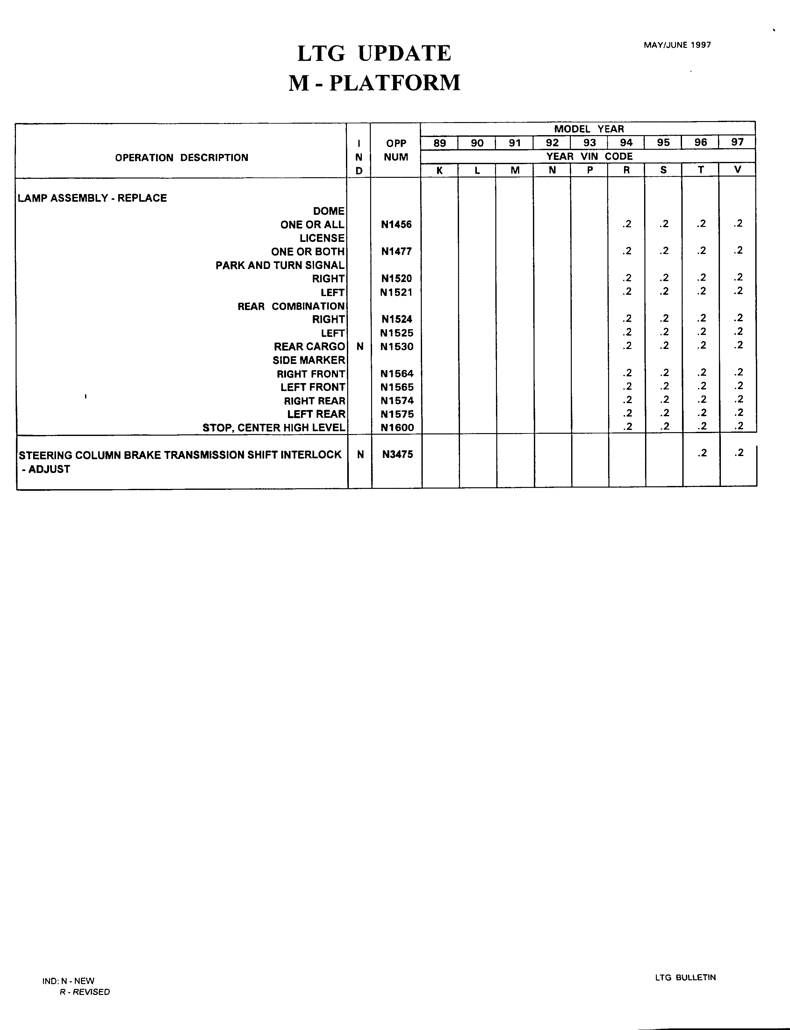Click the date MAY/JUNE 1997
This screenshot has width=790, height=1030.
pyautogui.click(x=677, y=45)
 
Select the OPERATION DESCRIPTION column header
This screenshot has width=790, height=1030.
pyautogui.click(x=182, y=157)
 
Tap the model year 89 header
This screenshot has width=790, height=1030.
pyautogui.click(x=439, y=143)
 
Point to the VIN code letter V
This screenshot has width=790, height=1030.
pyautogui.click(x=737, y=170)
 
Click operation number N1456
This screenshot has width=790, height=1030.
pyautogui.click(x=396, y=225)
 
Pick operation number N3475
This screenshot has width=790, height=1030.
pyautogui.click(x=397, y=454)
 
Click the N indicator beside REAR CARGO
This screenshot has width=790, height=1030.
pyautogui.click(x=360, y=347)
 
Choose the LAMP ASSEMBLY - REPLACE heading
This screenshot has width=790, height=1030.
pyautogui.click(x=92, y=198)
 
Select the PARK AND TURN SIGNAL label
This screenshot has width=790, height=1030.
pyautogui.click(x=280, y=265)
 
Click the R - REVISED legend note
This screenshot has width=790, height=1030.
pyautogui.click(x=85, y=992)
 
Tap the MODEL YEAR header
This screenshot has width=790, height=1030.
pyautogui.click(x=588, y=129)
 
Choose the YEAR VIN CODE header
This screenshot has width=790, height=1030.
pyautogui.click(x=589, y=156)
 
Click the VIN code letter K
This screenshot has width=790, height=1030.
pyautogui.click(x=439, y=170)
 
